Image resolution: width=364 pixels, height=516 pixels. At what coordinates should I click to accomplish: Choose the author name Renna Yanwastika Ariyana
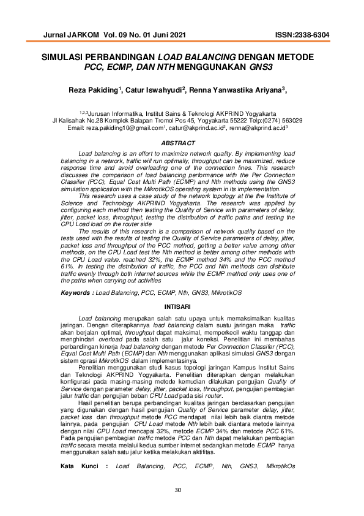click(x=234, y=91)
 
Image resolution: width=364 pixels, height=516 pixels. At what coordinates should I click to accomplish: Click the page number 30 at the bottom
click(x=178, y=490)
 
